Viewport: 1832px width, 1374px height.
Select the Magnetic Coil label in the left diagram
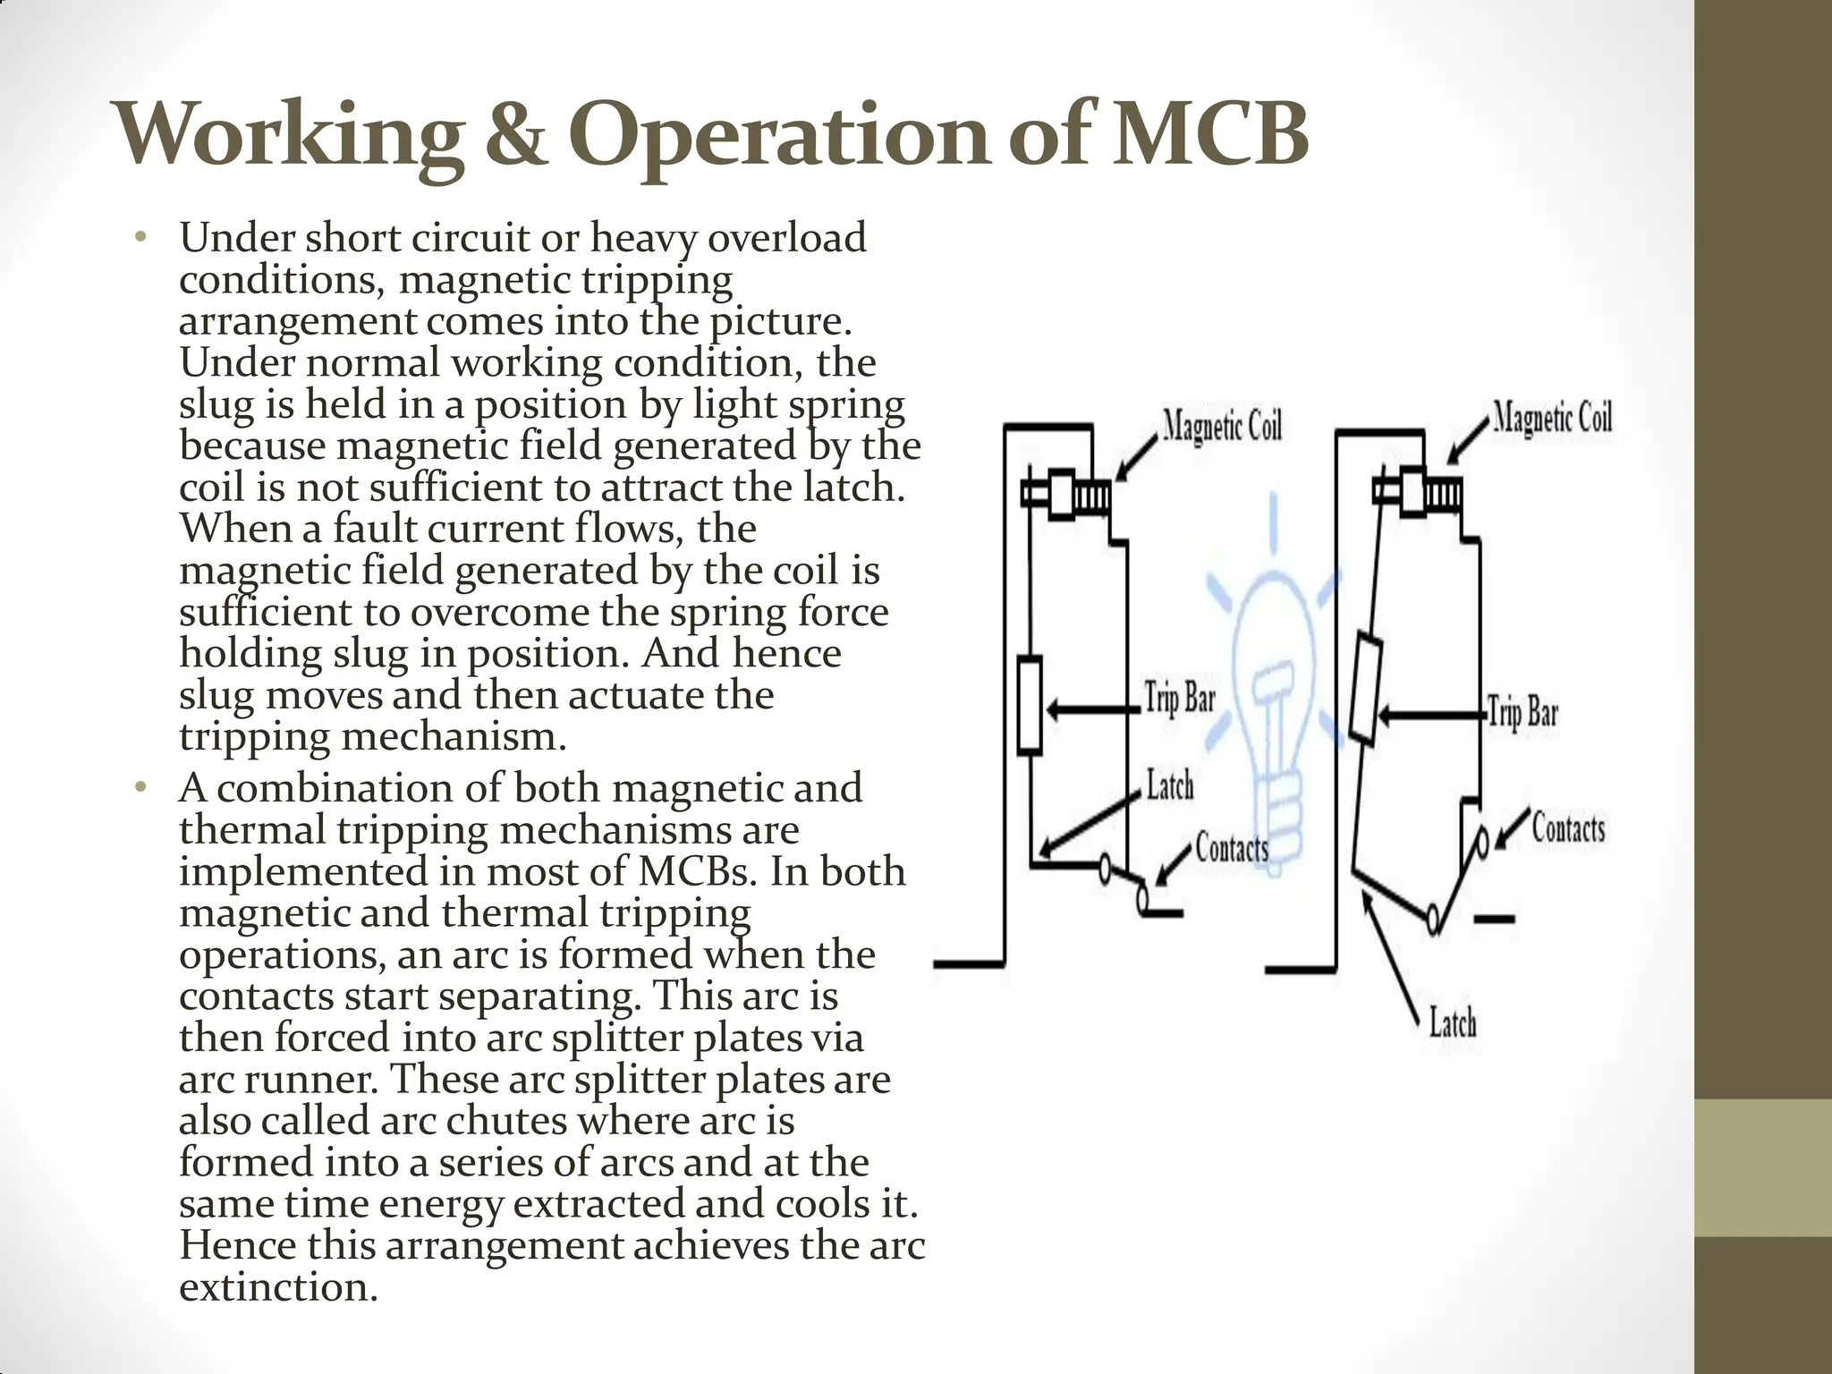point(1222,426)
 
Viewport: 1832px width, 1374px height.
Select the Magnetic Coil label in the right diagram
point(1552,418)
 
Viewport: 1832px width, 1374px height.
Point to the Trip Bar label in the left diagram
point(1181,699)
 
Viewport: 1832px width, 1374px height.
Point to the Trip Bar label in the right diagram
point(1523,713)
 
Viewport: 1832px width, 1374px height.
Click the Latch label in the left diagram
point(1170,786)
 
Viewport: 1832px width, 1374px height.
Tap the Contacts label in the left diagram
point(1232,847)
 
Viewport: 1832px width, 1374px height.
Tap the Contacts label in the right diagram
point(1568,827)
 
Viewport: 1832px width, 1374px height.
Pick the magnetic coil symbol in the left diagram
point(1067,494)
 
